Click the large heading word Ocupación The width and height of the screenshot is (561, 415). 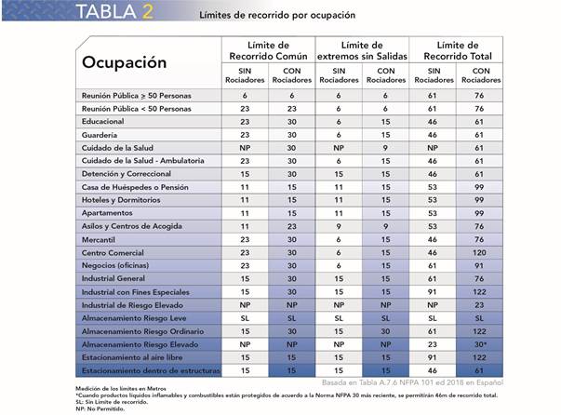[x=124, y=63]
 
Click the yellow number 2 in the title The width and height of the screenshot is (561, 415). [x=147, y=11]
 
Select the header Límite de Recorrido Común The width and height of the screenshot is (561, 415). [x=268, y=50]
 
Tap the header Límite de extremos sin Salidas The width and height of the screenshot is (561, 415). [x=362, y=50]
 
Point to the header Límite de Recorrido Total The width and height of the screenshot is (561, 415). [x=458, y=50]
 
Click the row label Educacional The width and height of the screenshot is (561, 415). [x=102, y=121]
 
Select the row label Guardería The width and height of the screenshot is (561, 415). [x=100, y=135]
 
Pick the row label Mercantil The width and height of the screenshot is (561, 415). [x=99, y=240]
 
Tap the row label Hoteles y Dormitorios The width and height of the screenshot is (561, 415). [x=121, y=200]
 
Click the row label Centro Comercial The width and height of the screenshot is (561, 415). [x=113, y=252]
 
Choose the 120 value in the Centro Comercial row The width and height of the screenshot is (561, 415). [x=479, y=252]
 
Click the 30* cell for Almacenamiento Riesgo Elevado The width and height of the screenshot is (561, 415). [x=480, y=344]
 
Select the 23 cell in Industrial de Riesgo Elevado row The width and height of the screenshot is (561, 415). [x=479, y=305]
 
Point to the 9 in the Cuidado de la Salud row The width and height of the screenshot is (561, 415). [x=385, y=148]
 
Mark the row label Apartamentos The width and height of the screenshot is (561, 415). [x=107, y=213]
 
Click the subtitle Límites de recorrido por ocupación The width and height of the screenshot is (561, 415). [x=277, y=15]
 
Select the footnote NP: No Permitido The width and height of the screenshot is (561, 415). [x=100, y=408]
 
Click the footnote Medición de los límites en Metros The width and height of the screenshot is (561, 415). [x=121, y=389]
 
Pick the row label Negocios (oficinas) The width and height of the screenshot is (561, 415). [x=115, y=265]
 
